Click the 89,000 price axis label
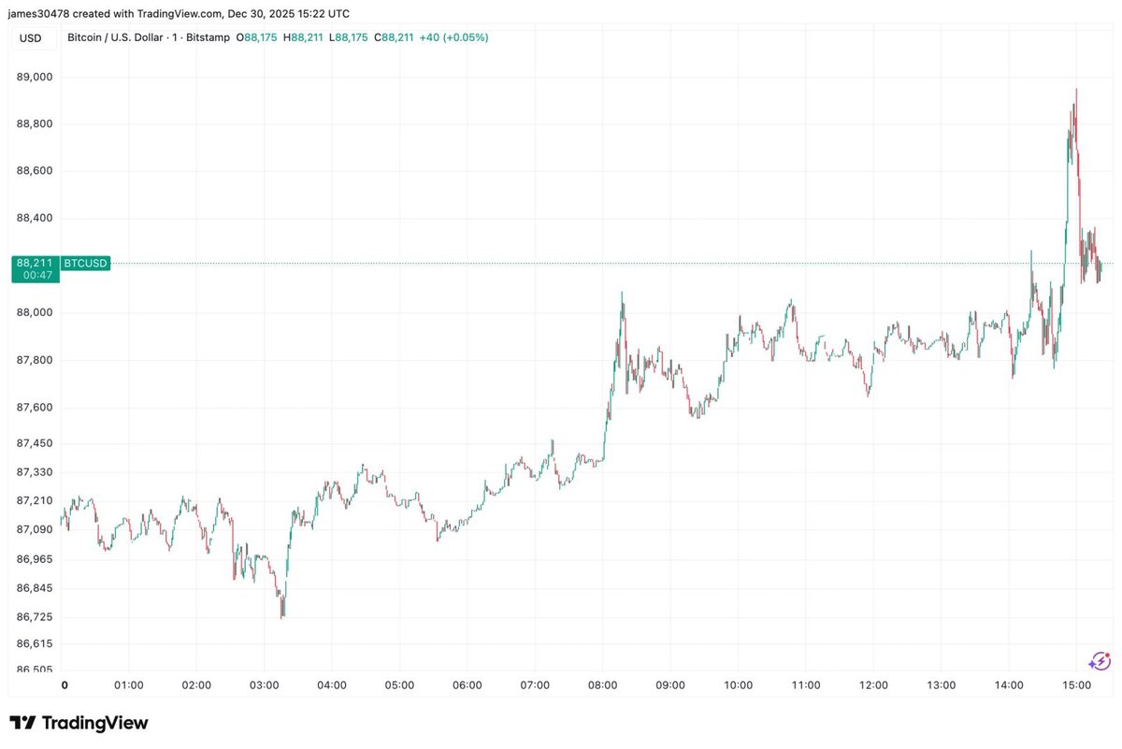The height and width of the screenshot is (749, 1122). (x=35, y=77)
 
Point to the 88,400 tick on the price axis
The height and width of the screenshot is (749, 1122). (x=35, y=218)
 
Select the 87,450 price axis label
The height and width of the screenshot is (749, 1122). (x=35, y=443)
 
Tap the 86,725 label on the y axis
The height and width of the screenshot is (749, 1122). (x=35, y=617)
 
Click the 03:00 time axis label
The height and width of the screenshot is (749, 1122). (x=265, y=685)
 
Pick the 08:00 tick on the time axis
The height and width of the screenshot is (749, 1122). (x=602, y=685)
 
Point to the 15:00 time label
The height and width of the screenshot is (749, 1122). (x=1076, y=685)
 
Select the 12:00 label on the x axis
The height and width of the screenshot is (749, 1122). (x=873, y=685)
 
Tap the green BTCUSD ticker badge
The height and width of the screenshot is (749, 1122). (x=85, y=264)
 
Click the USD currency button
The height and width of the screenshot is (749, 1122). (x=30, y=37)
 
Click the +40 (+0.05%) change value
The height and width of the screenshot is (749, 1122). (x=453, y=37)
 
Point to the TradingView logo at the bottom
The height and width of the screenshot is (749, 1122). (x=79, y=723)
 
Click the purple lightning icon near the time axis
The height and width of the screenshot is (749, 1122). (x=1100, y=661)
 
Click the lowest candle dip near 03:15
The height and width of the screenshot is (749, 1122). (x=282, y=614)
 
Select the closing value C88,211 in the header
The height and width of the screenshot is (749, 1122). (x=394, y=37)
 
